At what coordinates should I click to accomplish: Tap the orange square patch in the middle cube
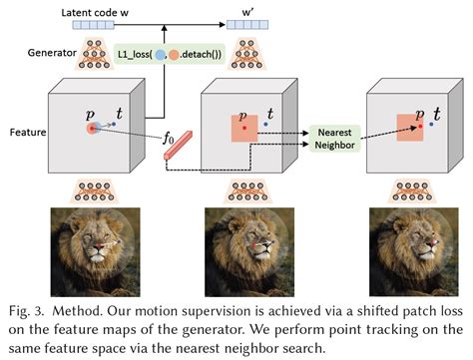coord(245,130)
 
